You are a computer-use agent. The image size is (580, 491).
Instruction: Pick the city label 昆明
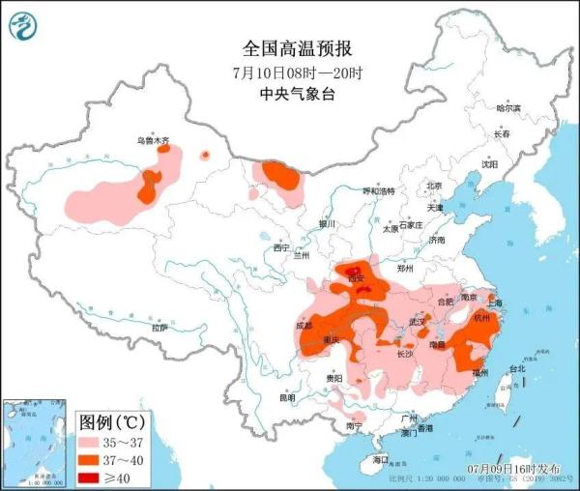coord(288,397)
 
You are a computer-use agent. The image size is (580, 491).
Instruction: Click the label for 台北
coord(516,368)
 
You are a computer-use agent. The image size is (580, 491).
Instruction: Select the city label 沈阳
coord(489,164)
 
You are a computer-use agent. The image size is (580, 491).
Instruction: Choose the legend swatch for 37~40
coord(92,460)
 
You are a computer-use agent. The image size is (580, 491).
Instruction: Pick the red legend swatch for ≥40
coord(92,477)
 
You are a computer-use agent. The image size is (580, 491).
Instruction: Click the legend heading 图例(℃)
coord(111,423)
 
